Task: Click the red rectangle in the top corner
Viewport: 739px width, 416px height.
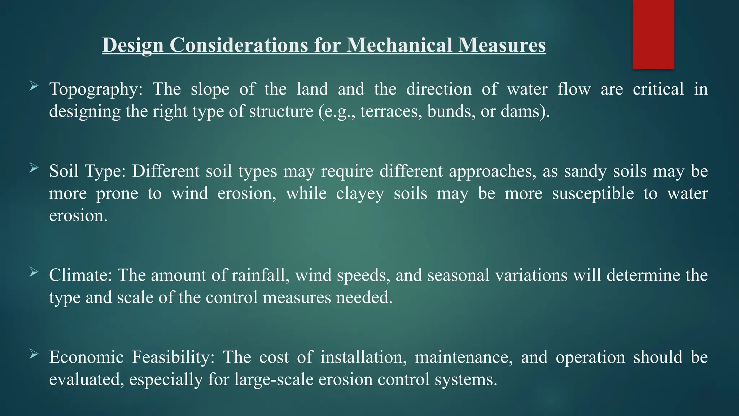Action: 653,34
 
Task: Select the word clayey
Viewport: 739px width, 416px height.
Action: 360,194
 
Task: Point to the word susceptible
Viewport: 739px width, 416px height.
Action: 593,194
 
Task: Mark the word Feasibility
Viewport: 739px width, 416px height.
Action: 173,357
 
